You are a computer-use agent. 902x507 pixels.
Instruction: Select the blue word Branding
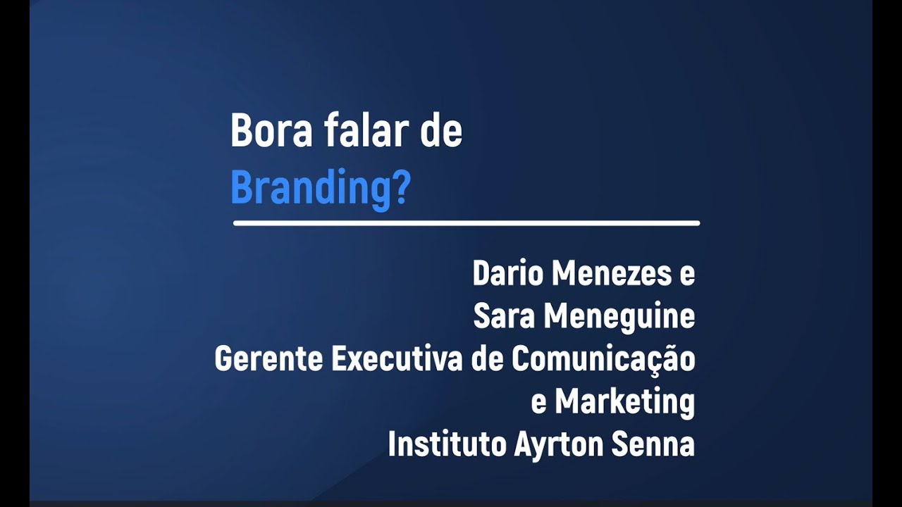[311, 189]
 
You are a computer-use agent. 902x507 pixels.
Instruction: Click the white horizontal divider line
[466, 223]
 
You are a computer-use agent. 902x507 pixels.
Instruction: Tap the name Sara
[505, 318]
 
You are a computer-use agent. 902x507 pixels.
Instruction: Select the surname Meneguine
[621, 318]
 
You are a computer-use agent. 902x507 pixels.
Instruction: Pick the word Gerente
[268, 360]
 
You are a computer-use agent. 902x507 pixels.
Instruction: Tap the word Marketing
[624, 403]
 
